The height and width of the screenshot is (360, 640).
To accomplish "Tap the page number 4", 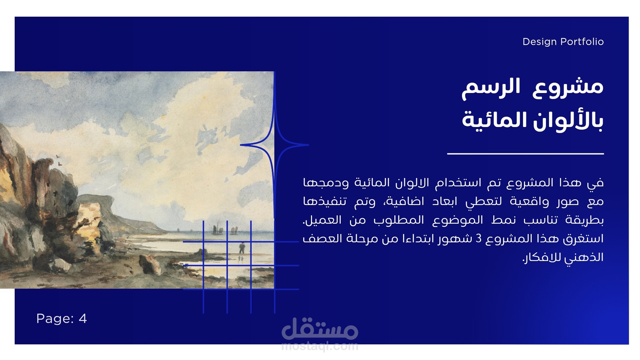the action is point(83,319).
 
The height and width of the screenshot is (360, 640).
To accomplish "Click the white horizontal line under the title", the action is point(525,154).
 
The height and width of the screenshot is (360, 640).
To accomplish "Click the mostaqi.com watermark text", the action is point(320,347).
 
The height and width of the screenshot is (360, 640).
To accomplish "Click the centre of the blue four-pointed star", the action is point(274,145).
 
